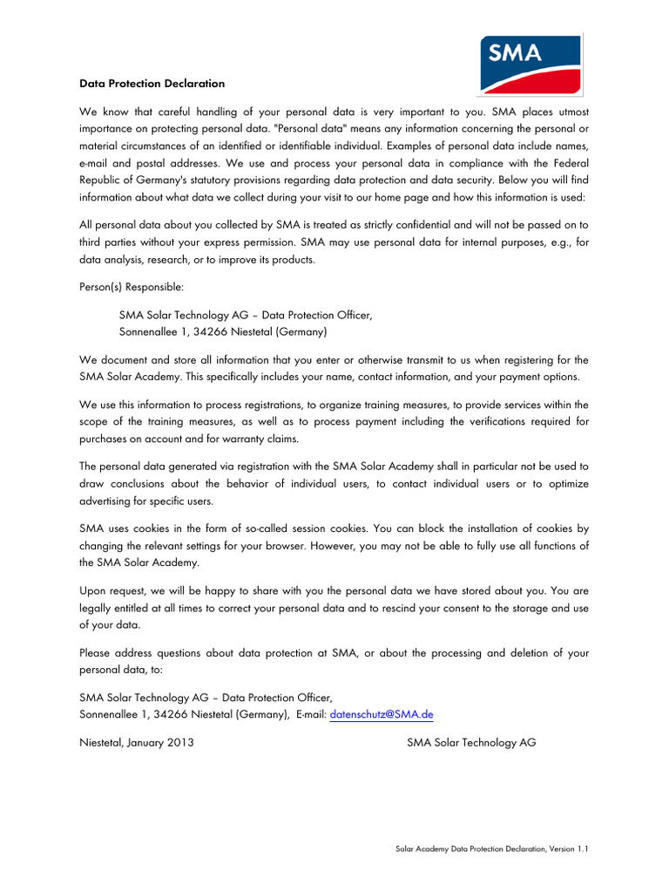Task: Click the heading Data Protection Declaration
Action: pos(152,84)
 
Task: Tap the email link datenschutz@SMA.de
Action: pos(382,714)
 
